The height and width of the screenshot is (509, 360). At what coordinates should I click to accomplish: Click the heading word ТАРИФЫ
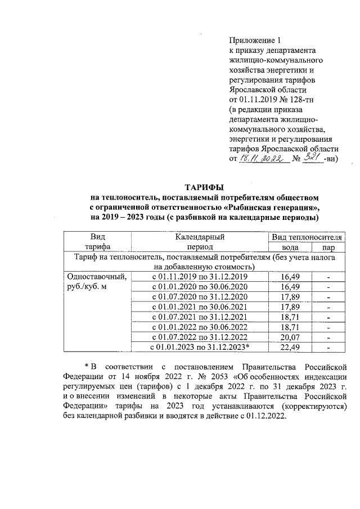point(205,187)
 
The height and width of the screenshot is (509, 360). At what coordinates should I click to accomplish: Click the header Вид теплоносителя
point(308,237)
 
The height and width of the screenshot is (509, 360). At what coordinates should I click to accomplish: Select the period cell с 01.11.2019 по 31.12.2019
point(200,277)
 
